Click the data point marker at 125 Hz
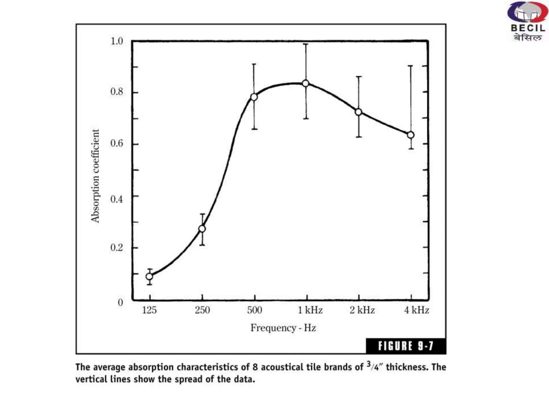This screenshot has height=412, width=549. coord(150,276)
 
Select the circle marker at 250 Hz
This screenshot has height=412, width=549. coord(202,229)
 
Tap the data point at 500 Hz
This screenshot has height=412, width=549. coord(254,97)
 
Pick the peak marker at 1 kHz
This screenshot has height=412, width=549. coord(306,83)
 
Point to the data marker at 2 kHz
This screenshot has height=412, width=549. coord(358,112)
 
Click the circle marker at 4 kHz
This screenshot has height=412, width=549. coord(411,135)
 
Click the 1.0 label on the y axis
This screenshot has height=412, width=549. coord(117,41)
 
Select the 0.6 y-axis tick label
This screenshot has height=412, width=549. coord(117,143)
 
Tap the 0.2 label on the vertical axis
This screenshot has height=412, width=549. coord(117,247)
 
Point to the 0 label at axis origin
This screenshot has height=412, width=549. coord(120,302)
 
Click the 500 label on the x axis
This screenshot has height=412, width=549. coord(254,310)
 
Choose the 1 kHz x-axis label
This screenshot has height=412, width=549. coord(310,310)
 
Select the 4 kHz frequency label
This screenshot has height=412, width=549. coord(417,310)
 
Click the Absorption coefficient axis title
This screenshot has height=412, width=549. coord(95,176)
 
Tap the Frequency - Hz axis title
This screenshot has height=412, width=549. coord(283,328)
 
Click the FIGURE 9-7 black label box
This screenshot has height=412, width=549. coord(406,346)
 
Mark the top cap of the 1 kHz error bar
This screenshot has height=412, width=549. coord(306,44)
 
